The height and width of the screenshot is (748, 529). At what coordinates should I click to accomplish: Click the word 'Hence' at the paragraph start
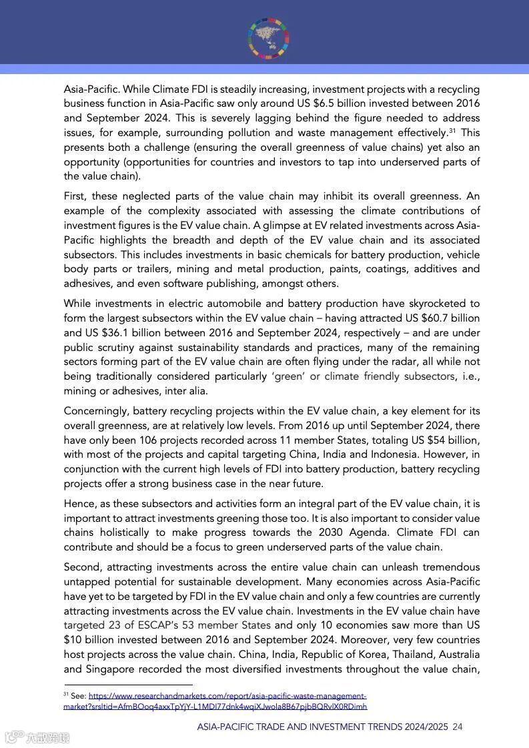(x=78, y=504)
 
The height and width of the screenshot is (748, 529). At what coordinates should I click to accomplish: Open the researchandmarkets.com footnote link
(x=227, y=695)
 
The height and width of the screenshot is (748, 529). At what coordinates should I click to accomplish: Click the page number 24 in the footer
(x=458, y=727)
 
